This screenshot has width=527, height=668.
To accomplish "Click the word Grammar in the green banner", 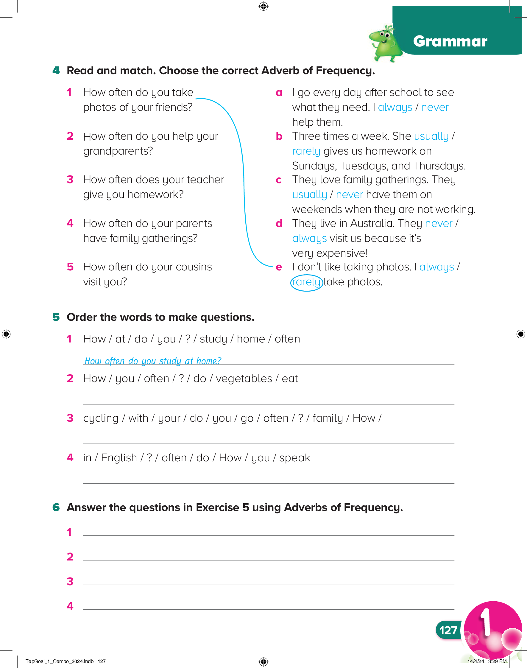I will [x=450, y=41].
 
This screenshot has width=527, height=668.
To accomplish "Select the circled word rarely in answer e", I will [x=306, y=282].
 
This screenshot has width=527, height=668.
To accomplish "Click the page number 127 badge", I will [x=448, y=630].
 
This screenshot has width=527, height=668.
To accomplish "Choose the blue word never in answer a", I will [x=434, y=108].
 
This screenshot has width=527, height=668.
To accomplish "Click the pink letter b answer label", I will [x=279, y=136].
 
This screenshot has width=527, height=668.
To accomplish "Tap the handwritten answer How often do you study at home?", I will [x=153, y=361].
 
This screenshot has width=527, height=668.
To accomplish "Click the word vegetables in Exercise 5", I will [x=244, y=379].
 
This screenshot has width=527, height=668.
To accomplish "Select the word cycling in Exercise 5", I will [x=101, y=418].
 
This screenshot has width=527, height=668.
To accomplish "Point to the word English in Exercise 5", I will [x=119, y=458].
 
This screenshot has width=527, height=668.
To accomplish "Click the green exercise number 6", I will [x=56, y=507].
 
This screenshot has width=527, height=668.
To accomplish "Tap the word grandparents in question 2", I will [x=118, y=151].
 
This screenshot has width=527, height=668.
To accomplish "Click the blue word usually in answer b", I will [x=431, y=136].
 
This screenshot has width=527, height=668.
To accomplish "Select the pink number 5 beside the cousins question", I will [x=70, y=267].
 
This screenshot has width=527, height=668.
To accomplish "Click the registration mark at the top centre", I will [x=263, y=6].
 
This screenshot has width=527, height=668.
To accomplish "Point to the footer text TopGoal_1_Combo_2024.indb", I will [x=60, y=661].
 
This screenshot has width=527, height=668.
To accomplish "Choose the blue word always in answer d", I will [x=309, y=239].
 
